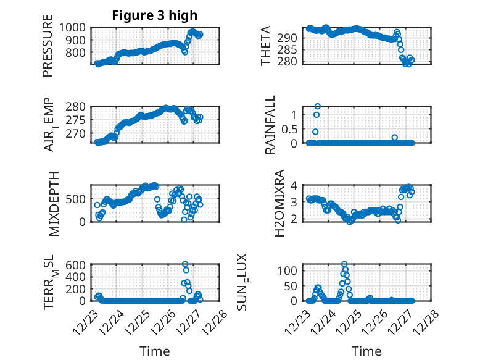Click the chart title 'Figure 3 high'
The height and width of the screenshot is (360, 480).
(155, 15)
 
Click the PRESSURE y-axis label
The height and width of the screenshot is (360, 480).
(48, 50)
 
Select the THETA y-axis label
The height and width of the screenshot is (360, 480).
(265, 46)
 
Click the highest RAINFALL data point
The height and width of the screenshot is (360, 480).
(317, 106)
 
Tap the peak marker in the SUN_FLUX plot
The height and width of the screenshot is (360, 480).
(344, 264)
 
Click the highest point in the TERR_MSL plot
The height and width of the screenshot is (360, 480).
(185, 264)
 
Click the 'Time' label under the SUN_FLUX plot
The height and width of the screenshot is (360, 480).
(366, 351)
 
